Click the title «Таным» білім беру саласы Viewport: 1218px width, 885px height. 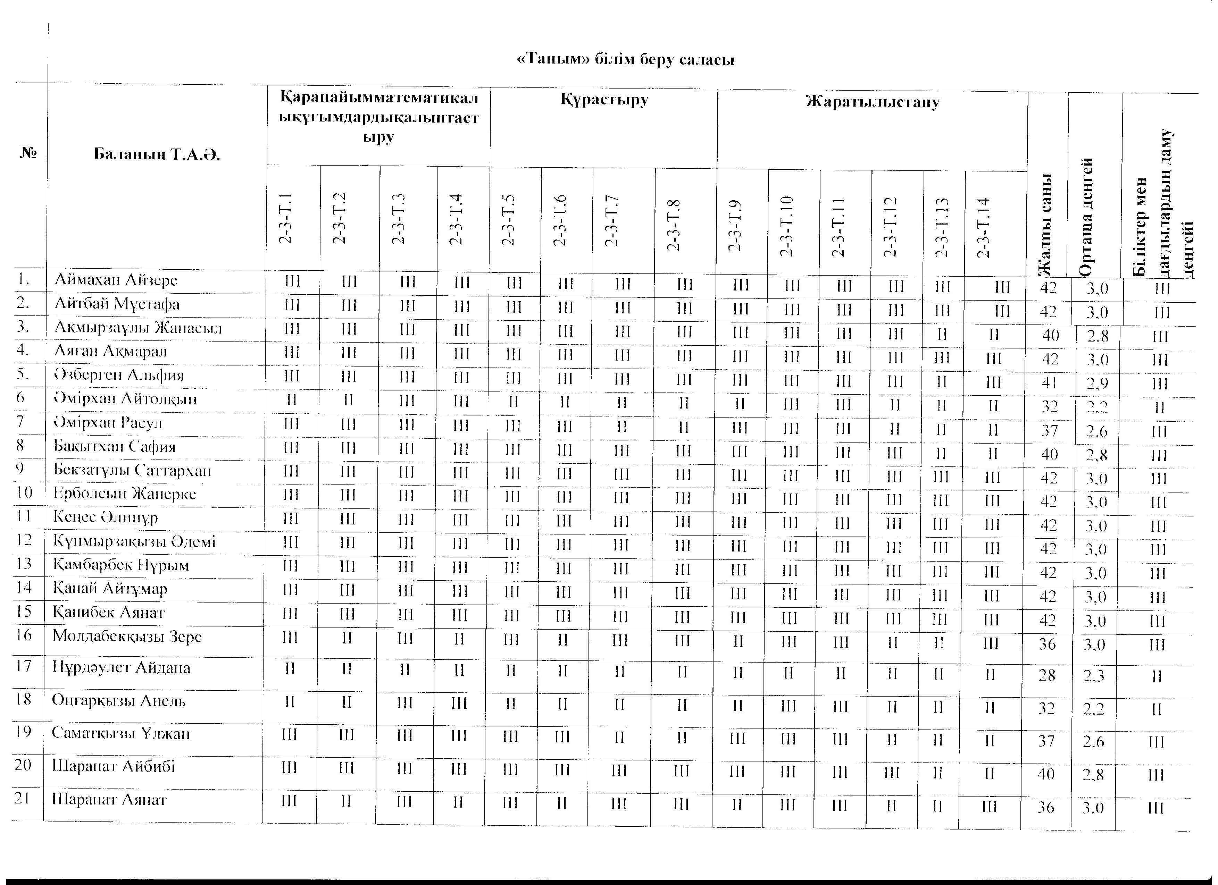(625, 59)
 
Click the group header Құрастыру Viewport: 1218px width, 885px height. (604, 100)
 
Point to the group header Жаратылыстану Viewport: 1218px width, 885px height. (873, 102)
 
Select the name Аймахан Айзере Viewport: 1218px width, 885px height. (116, 280)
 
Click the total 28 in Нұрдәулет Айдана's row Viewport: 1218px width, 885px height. (1047, 675)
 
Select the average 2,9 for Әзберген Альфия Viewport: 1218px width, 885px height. (1097, 383)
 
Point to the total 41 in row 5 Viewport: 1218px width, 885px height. (1049, 383)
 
